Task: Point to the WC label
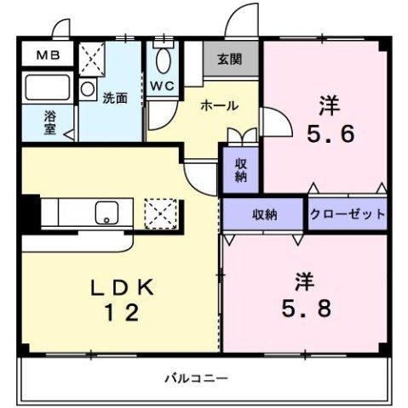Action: pyautogui.click(x=162, y=87)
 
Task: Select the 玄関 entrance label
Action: pyautogui.click(x=229, y=59)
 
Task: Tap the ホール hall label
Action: pyautogui.click(x=219, y=105)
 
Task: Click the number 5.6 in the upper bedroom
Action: pyautogui.click(x=330, y=133)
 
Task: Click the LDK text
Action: pyautogui.click(x=123, y=287)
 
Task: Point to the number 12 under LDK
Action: pyautogui.click(x=123, y=313)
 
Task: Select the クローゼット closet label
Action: pyautogui.click(x=348, y=215)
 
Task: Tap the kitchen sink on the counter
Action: pyautogui.click(x=107, y=212)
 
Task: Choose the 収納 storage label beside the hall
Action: pyautogui.click(x=241, y=170)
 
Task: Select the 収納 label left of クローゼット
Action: pyautogui.click(x=264, y=215)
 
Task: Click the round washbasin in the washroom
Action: pyautogui.click(x=88, y=88)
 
